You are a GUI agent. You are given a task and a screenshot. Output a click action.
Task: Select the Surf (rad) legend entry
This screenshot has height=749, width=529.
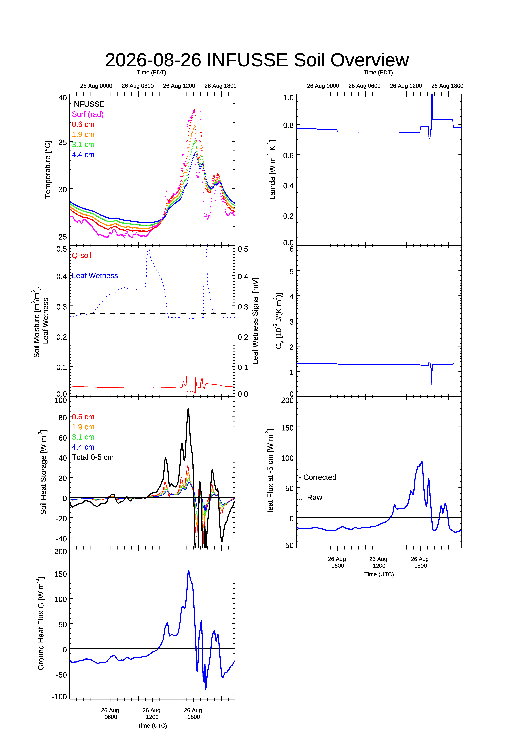point(88,114)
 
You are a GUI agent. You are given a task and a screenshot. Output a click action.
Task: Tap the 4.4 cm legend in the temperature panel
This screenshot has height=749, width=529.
point(83,155)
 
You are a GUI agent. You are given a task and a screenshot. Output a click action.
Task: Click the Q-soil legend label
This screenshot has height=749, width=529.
point(82,255)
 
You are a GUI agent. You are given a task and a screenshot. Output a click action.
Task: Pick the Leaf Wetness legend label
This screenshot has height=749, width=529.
point(95,276)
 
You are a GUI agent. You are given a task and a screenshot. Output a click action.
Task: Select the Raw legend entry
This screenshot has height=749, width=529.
point(310,498)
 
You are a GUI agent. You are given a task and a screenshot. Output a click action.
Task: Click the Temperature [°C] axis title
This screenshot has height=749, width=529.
point(48,170)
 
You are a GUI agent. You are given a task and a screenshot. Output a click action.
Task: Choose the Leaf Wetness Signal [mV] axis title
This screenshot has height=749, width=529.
point(255,321)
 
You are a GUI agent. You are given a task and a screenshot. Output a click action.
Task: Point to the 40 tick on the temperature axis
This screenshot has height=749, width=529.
point(63,98)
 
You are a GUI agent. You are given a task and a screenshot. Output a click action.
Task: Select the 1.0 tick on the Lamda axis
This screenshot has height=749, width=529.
point(288,98)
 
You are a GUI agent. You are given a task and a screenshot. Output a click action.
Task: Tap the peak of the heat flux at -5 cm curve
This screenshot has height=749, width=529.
point(422,461)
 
